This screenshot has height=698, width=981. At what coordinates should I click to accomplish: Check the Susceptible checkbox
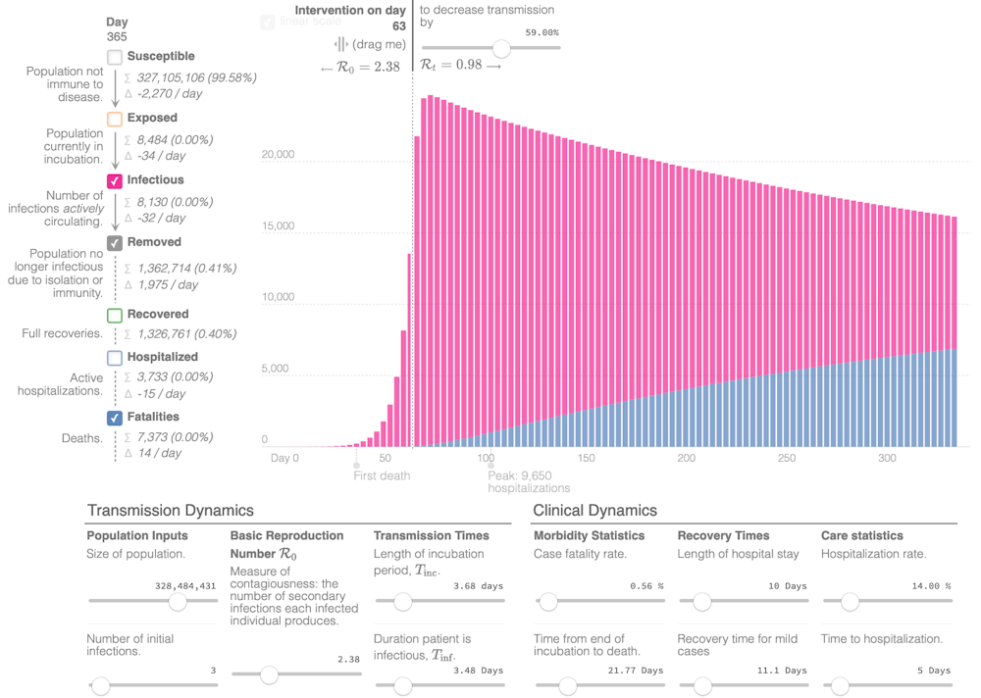coord(115,58)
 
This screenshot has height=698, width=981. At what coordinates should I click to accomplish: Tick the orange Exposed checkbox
coord(115,119)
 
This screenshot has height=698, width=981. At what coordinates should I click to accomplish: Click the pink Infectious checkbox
coord(115,181)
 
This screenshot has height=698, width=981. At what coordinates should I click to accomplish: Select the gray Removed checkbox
coord(115,243)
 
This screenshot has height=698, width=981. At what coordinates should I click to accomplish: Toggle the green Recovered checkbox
coord(115,316)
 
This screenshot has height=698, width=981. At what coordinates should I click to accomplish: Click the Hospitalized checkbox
coord(115,359)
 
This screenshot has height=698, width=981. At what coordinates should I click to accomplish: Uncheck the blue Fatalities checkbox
coord(115,419)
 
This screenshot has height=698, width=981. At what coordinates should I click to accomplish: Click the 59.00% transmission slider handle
coord(501,48)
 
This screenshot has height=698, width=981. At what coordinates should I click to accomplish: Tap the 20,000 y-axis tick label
coord(278,155)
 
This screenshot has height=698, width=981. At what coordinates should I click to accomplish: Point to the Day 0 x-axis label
coord(284,458)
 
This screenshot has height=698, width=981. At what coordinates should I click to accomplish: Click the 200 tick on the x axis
coord(686,458)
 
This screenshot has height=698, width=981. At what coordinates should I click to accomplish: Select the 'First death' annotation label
coord(382,475)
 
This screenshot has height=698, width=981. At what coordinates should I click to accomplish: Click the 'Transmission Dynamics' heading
coord(171,511)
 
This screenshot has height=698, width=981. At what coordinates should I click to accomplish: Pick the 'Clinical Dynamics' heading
coord(594,511)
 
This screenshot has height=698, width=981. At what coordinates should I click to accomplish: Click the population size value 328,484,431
coord(185,586)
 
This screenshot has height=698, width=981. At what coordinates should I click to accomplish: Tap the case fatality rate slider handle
coord(547,602)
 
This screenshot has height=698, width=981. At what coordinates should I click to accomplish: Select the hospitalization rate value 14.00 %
coord(931,586)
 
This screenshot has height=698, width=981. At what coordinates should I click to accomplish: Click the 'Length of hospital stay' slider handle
coord(701,602)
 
